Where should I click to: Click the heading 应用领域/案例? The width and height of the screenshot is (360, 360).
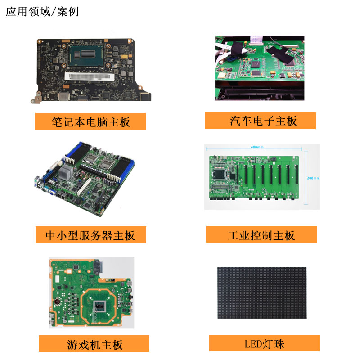pyautogui.click(x=42, y=12)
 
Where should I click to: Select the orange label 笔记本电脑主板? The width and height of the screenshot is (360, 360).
pyautogui.click(x=90, y=121)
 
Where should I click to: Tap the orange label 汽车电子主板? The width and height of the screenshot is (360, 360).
pyautogui.click(x=261, y=121)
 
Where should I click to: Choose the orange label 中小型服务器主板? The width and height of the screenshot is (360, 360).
pyautogui.click(x=91, y=234)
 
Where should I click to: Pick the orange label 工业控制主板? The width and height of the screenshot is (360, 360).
pyautogui.click(x=261, y=234)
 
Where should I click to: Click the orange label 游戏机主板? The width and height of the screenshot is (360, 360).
pyautogui.click(x=94, y=343)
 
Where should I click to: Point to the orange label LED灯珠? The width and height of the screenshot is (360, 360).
pyautogui.click(x=265, y=343)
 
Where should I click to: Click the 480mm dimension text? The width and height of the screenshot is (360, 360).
pyautogui.click(x=257, y=147)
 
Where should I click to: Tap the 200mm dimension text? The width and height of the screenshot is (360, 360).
pyautogui.click(x=313, y=178)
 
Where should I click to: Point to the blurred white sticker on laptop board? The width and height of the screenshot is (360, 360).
pyautogui.click(x=90, y=76)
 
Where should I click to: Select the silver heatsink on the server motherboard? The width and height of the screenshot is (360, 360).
pyautogui.click(x=66, y=172)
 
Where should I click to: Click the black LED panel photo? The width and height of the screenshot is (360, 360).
pyautogui.click(x=262, y=293)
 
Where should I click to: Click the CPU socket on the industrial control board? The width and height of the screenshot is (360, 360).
pyautogui.click(x=219, y=175)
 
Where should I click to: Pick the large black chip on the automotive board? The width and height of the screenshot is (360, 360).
pyautogui.click(x=255, y=63)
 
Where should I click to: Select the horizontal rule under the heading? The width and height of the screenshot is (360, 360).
pyautogui.click(x=180, y=22)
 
